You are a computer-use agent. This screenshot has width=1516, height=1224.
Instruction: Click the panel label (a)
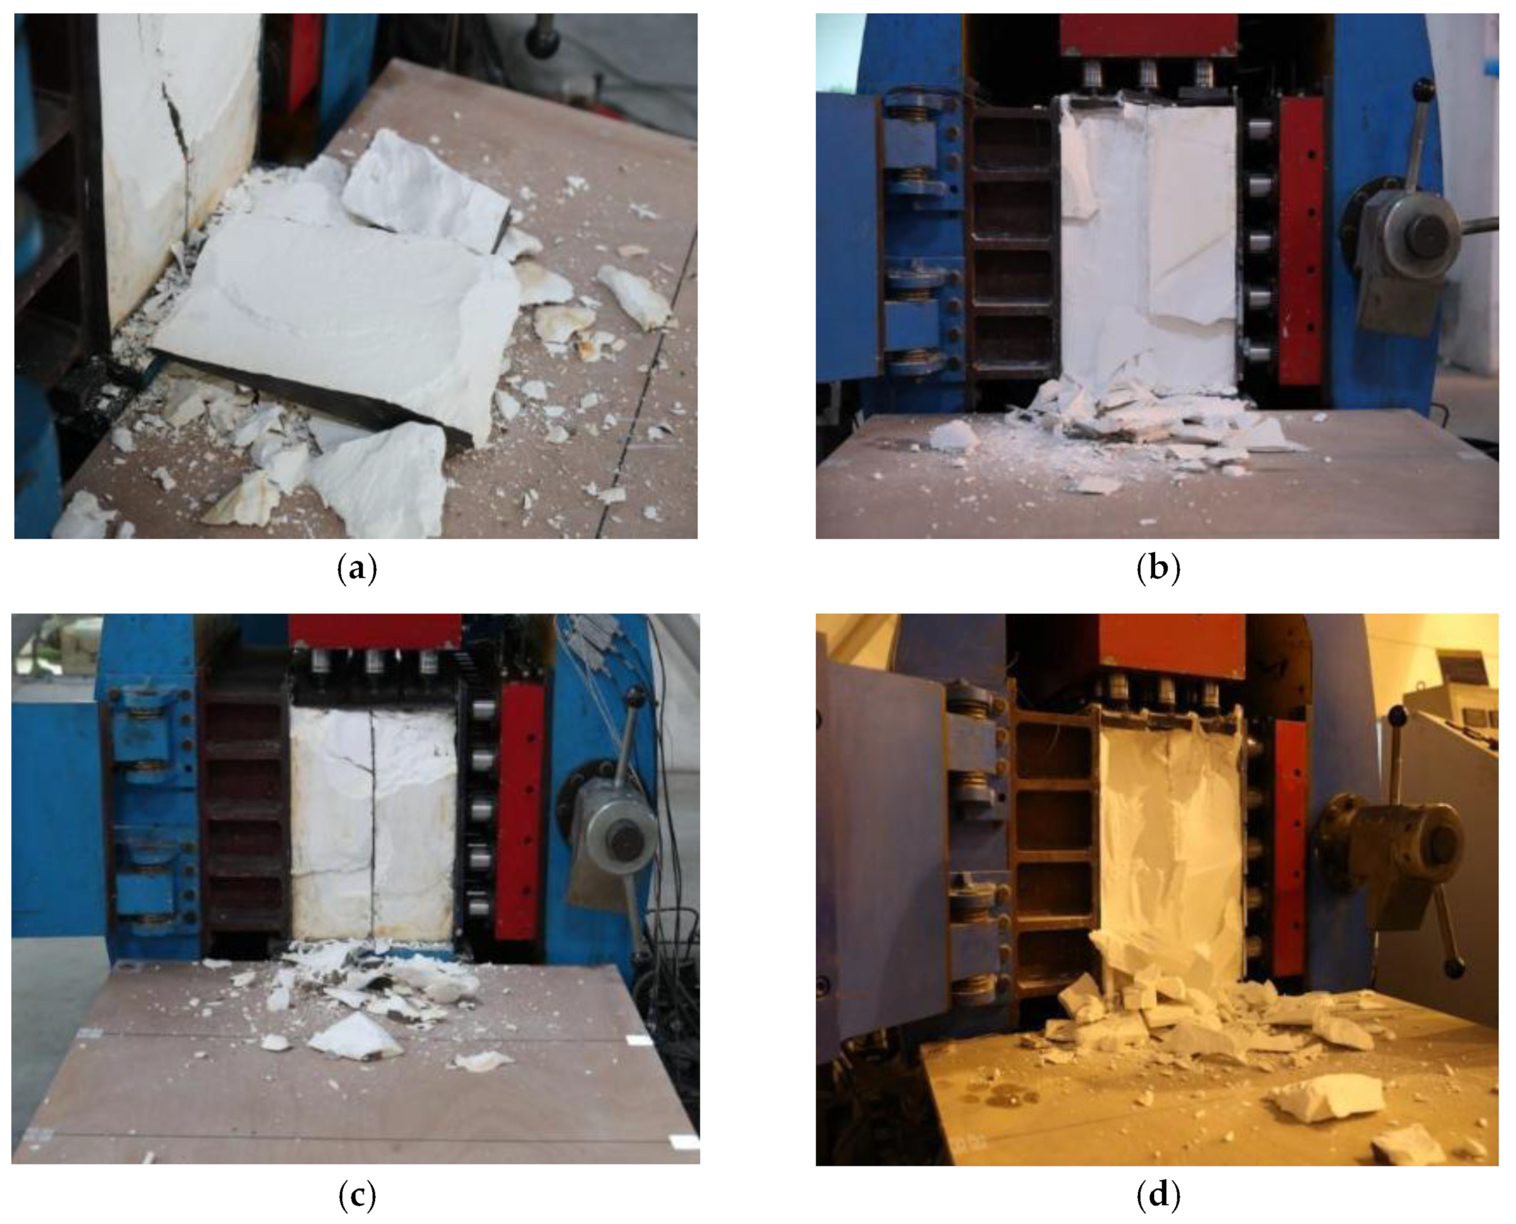coord(357,568)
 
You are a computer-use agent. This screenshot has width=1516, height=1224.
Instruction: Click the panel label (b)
coord(1158,568)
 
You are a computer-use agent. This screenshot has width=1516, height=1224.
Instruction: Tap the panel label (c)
coord(357,1195)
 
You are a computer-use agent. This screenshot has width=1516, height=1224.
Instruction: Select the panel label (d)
coord(1158,1195)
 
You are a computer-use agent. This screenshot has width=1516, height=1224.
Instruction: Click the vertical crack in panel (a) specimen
coord(180,155)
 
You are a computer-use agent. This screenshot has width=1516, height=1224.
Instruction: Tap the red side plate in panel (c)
coord(520,811)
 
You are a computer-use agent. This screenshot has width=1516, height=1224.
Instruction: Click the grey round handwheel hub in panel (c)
coord(618,839)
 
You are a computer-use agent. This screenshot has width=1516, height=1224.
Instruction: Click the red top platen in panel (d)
coord(1172,643)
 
